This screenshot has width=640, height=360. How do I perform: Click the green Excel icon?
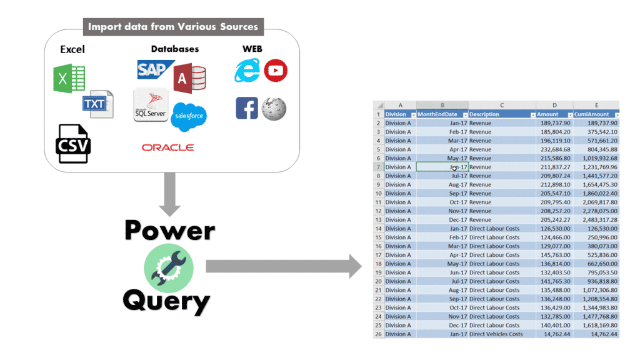point(69,79)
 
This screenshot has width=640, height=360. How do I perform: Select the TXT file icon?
point(97,104)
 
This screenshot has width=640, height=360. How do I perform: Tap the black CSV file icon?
point(74,144)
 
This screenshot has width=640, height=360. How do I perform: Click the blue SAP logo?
point(153,69)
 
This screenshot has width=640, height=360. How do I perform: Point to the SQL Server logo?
point(151,105)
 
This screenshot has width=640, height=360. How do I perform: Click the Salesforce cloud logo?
point(189,117)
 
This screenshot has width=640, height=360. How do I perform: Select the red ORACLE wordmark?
point(167,147)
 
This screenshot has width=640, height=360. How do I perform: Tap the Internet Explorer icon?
point(247,71)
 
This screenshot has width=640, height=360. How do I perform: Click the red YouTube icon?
point(276,71)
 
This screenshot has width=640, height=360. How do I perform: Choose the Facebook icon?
point(247,108)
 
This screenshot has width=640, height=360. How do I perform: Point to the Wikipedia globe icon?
point(274,109)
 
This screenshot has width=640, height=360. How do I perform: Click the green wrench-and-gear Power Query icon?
point(168,267)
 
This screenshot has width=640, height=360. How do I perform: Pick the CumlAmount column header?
point(594,114)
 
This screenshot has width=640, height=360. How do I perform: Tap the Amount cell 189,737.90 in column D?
point(554,123)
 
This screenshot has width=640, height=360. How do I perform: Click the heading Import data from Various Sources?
point(174,27)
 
